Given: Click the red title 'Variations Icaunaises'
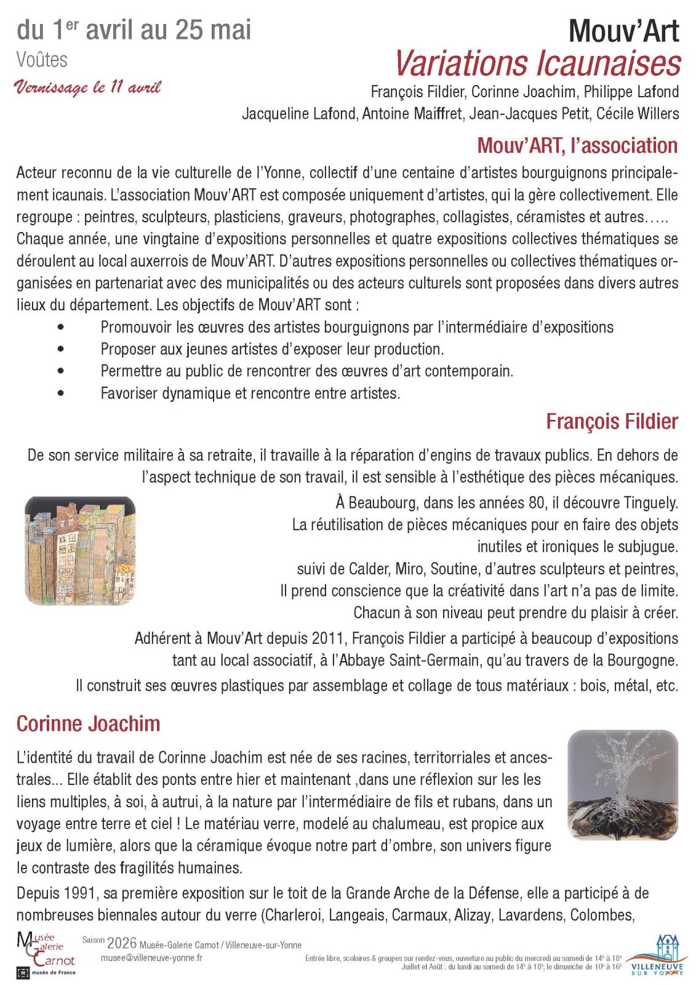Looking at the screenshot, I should pyautogui.click(x=537, y=63).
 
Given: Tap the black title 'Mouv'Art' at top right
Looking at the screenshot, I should pyautogui.click(x=623, y=31).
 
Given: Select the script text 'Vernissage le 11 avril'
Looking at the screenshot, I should pyautogui.click(x=87, y=87).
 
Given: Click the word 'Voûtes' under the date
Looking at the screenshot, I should pyautogui.click(x=42, y=60).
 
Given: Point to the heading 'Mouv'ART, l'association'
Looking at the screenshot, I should pyautogui.click(x=577, y=146).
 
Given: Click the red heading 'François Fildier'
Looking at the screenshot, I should pyautogui.click(x=612, y=422).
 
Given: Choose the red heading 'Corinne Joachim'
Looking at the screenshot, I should pyautogui.click(x=88, y=723).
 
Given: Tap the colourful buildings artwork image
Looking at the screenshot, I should pyautogui.click(x=80, y=550).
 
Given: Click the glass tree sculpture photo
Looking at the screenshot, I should pyautogui.click(x=622, y=785).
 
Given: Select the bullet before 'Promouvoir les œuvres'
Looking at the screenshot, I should pyautogui.click(x=60, y=327).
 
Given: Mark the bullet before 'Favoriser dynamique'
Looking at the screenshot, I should pyautogui.click(x=60, y=393).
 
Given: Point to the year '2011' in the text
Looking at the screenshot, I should pyautogui.click(x=329, y=638).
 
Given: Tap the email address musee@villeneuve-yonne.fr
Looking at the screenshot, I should pyautogui.click(x=151, y=958).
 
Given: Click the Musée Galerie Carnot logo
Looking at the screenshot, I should pyautogui.click(x=46, y=954).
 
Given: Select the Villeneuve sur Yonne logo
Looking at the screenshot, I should pyautogui.click(x=657, y=955).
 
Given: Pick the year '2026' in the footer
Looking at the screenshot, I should pyautogui.click(x=121, y=943).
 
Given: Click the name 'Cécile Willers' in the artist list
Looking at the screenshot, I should pyautogui.click(x=638, y=114).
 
